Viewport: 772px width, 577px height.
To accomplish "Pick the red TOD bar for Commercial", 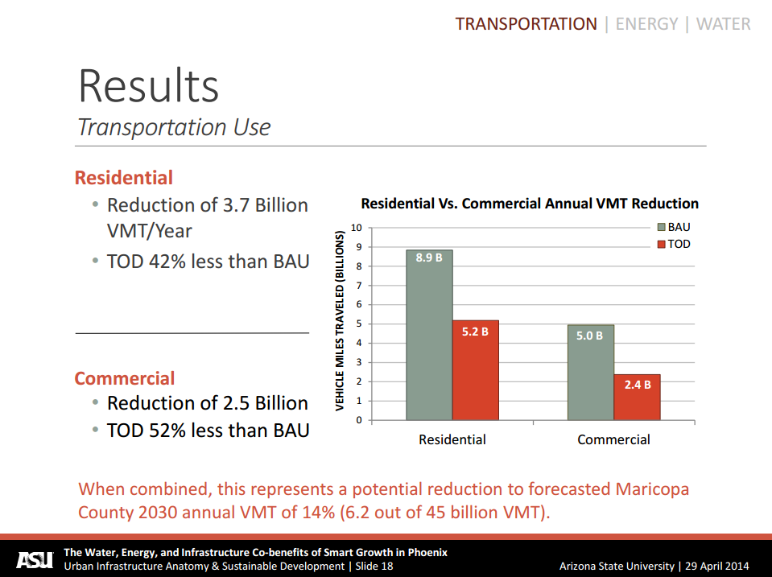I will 637,398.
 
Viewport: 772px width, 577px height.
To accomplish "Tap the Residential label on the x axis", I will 452,439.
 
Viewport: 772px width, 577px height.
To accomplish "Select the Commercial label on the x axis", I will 613,439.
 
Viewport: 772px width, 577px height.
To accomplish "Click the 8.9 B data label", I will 429,258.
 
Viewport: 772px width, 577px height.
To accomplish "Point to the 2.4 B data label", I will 637,385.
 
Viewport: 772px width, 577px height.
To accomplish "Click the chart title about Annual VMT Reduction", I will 529,204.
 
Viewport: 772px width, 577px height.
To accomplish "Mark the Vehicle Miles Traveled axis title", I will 340,321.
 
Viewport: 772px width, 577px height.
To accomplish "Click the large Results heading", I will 148,85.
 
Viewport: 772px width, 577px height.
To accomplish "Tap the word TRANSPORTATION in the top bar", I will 526,24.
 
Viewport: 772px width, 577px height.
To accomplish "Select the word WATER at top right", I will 723,24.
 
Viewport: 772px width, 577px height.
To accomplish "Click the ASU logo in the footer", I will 35,558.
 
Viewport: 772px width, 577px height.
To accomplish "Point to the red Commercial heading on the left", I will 124,378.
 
